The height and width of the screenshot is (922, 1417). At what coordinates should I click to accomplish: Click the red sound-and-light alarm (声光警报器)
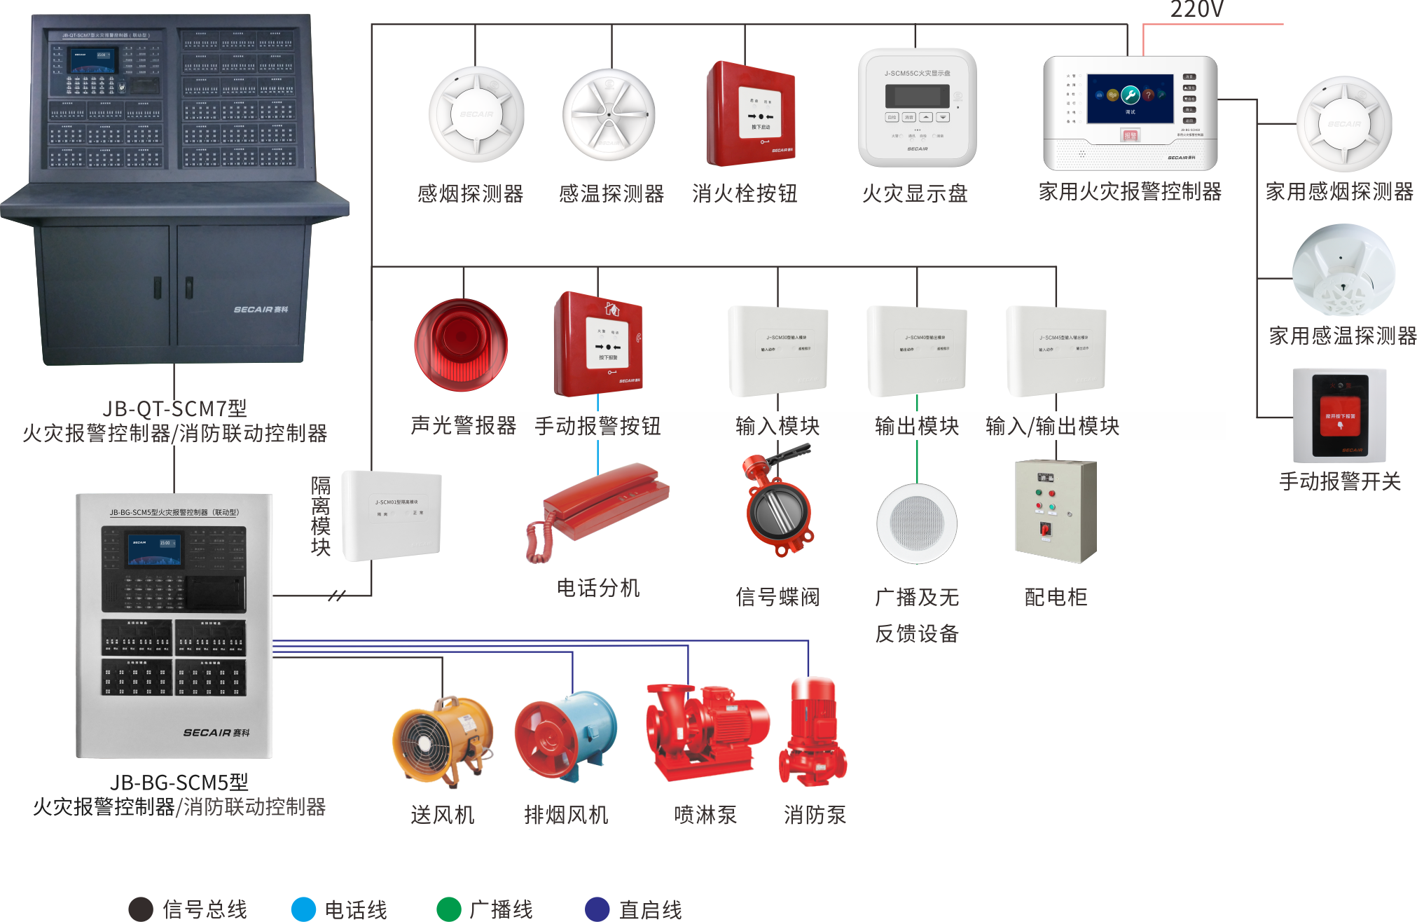click(461, 345)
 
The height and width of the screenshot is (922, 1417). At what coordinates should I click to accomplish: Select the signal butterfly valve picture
click(778, 502)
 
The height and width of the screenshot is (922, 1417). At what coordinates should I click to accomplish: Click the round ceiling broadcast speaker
click(916, 523)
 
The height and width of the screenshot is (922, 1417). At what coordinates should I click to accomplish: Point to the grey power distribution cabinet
click(1056, 511)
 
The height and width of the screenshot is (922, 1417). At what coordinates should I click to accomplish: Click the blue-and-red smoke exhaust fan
click(565, 736)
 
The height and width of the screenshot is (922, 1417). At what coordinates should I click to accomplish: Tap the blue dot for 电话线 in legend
click(303, 909)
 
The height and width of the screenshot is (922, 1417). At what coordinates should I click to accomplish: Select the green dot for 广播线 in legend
click(448, 909)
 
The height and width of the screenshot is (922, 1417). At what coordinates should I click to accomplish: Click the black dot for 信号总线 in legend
click(141, 909)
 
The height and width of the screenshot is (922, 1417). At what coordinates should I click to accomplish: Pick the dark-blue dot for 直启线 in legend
click(597, 909)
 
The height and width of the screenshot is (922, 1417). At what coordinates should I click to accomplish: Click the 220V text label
click(1196, 10)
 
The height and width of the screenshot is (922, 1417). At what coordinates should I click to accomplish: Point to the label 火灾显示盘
click(915, 193)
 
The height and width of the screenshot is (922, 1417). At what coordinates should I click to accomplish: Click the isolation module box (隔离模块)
click(392, 515)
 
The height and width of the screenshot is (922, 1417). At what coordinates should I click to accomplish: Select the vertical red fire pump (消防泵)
click(813, 731)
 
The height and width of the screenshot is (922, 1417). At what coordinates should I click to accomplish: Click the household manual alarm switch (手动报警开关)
click(1339, 415)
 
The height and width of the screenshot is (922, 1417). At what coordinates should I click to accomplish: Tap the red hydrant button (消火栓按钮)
click(751, 114)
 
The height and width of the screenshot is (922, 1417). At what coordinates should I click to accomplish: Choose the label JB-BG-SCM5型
click(179, 782)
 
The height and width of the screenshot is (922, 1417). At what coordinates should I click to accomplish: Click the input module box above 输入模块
click(777, 350)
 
